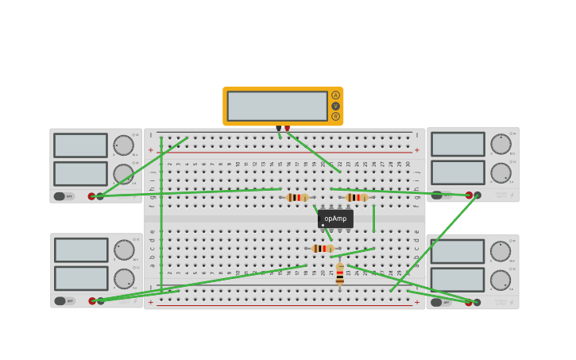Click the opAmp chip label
[x=335, y=219]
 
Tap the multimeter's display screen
[x=277, y=106]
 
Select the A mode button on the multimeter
[x=335, y=95]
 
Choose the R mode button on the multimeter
[x=335, y=116]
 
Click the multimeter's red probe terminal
[x=287, y=128]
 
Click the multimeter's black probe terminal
[x=278, y=128]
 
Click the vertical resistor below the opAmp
[x=340, y=274]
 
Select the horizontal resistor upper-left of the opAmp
[x=297, y=197]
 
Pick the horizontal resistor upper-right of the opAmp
[x=356, y=197]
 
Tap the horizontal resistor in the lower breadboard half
[x=322, y=249]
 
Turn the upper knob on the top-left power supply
[x=123, y=145]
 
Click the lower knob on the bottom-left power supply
[x=124, y=278]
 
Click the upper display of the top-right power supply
[x=458, y=144]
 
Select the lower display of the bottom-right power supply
[x=457, y=280]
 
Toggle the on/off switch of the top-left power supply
[x=60, y=196]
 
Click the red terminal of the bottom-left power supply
[x=92, y=301]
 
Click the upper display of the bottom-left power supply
[x=81, y=250]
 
